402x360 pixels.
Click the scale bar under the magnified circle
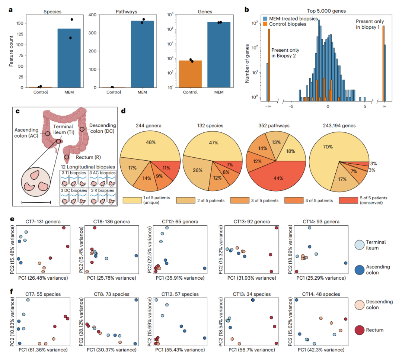click(x=36, y=203)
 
